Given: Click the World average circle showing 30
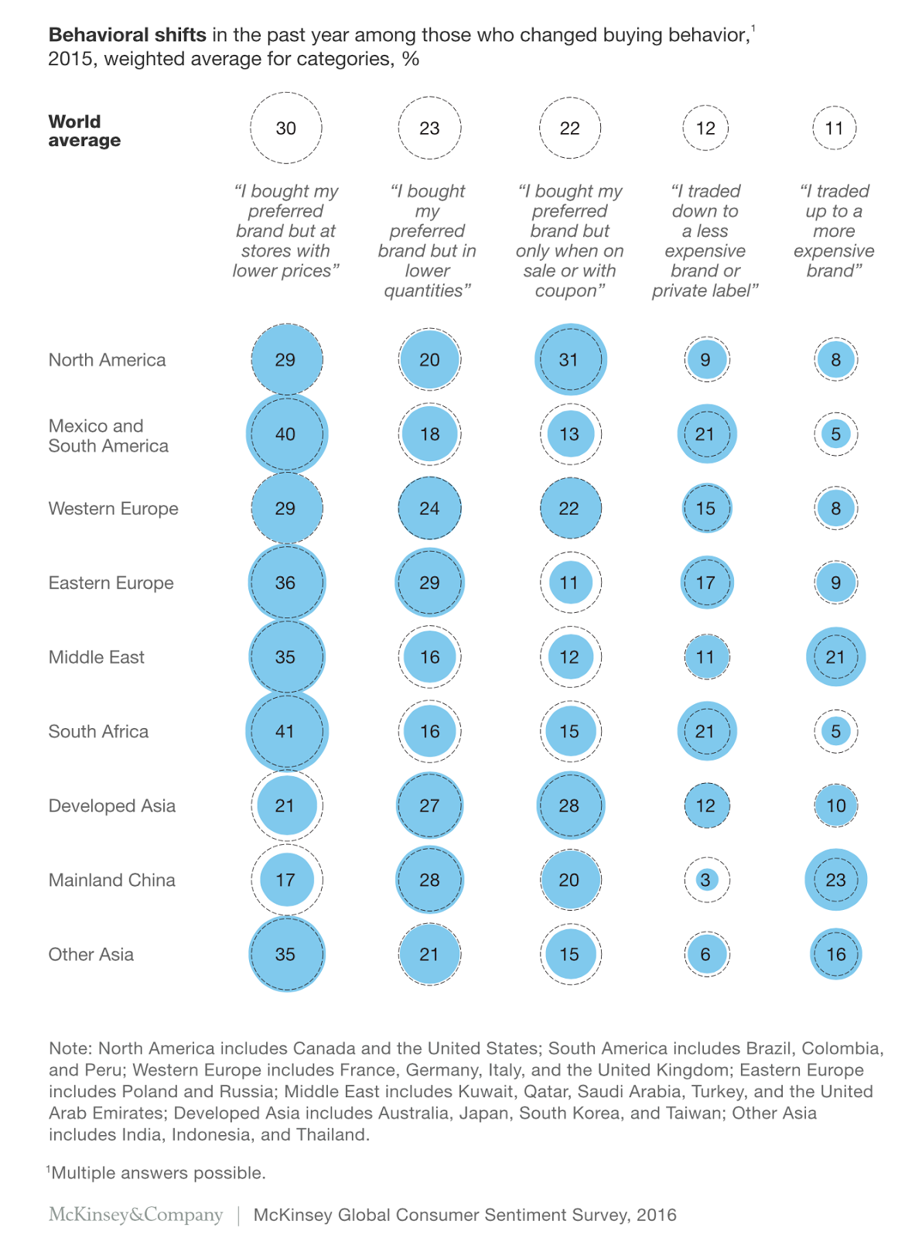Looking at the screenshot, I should [286, 128].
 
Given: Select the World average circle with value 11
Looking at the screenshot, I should [834, 128].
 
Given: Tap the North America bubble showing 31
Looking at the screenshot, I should [570, 360].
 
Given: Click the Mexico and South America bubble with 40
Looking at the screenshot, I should [286, 434].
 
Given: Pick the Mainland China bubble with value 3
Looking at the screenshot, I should [705, 880].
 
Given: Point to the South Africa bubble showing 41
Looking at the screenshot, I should [286, 731].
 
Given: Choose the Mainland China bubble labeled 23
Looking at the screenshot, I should [835, 880].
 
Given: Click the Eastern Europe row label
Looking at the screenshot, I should [111, 583].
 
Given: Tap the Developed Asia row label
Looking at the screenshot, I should [112, 805].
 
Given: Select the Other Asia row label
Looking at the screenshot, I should [91, 954].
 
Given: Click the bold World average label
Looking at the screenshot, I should [84, 131].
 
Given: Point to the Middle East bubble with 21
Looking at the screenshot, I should [835, 657].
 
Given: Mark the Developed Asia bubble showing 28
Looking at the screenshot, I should [570, 805].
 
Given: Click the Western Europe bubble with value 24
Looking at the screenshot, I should [429, 508].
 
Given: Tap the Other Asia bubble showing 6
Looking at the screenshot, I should [705, 954].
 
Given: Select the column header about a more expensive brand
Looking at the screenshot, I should [834, 231].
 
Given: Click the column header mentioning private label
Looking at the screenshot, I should [705, 241].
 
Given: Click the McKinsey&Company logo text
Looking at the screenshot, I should [135, 1215].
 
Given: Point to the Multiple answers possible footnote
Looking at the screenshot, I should [158, 1173].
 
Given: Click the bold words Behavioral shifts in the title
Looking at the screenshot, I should [128, 36].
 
